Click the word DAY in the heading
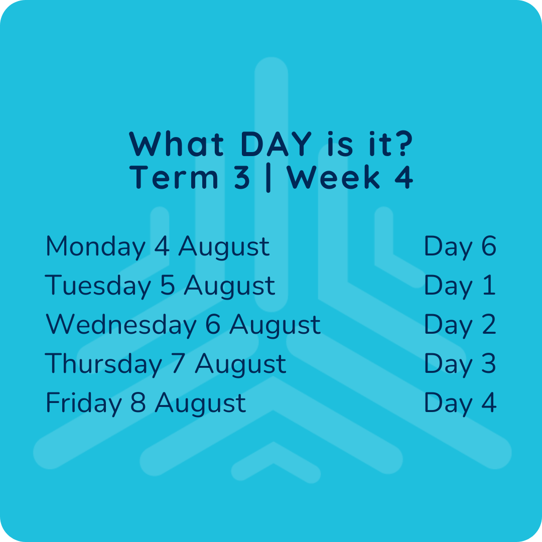276,144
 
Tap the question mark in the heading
403,144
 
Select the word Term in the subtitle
174,177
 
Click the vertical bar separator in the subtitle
268,178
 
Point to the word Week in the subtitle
333,177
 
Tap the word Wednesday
121,325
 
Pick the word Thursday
103,364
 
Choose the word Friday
84,403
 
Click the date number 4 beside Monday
162,246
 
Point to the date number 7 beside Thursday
178,363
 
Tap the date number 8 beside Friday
138,402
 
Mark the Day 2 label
460,325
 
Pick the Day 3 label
460,364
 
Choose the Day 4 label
460,403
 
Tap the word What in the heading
176,144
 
